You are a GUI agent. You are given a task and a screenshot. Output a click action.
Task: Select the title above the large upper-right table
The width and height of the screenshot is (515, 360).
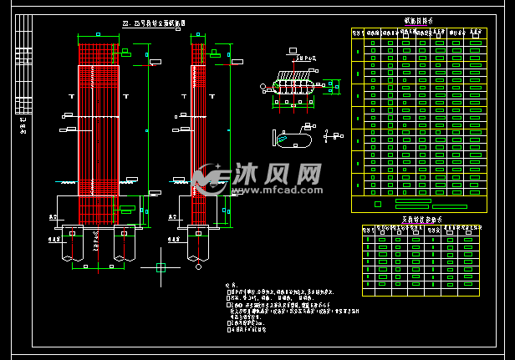419,22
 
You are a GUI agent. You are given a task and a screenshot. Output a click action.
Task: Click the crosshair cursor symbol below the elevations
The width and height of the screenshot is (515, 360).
161,267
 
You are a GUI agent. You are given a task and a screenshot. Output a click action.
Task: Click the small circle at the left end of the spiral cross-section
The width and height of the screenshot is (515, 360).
263,86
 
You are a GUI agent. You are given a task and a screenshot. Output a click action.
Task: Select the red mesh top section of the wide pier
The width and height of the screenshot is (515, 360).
99,53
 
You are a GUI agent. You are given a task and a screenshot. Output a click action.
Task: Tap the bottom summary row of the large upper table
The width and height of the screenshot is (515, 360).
419,203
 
